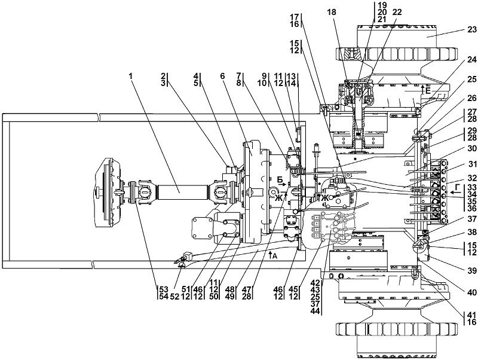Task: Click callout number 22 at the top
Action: click(397, 12)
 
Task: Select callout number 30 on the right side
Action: click(471, 150)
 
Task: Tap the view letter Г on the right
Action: click(458, 187)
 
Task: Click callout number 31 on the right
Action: click(471, 164)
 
